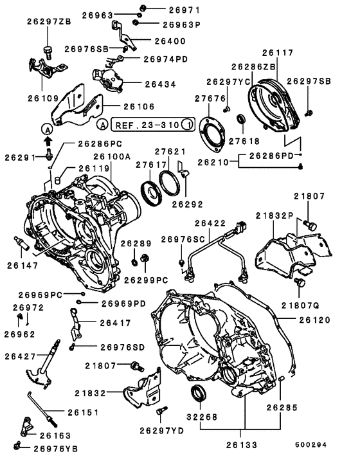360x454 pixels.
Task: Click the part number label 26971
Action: pyautogui.click(x=166, y=10)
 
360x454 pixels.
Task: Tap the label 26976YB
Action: pyautogui.click(x=57, y=448)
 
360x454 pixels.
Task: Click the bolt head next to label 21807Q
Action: pyautogui.click(x=299, y=283)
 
